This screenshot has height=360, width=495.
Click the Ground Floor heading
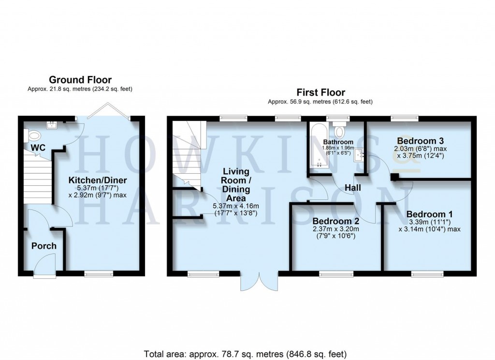click(80, 80)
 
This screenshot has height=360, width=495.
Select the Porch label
click(44, 246)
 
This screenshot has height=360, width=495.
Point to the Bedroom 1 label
click(429, 214)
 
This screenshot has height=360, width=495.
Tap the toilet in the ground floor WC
click(33, 135)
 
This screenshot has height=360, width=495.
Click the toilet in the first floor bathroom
click(339, 131)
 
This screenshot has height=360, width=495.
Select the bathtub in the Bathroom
click(319, 145)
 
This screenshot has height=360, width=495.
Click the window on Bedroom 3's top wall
click(405, 117)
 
